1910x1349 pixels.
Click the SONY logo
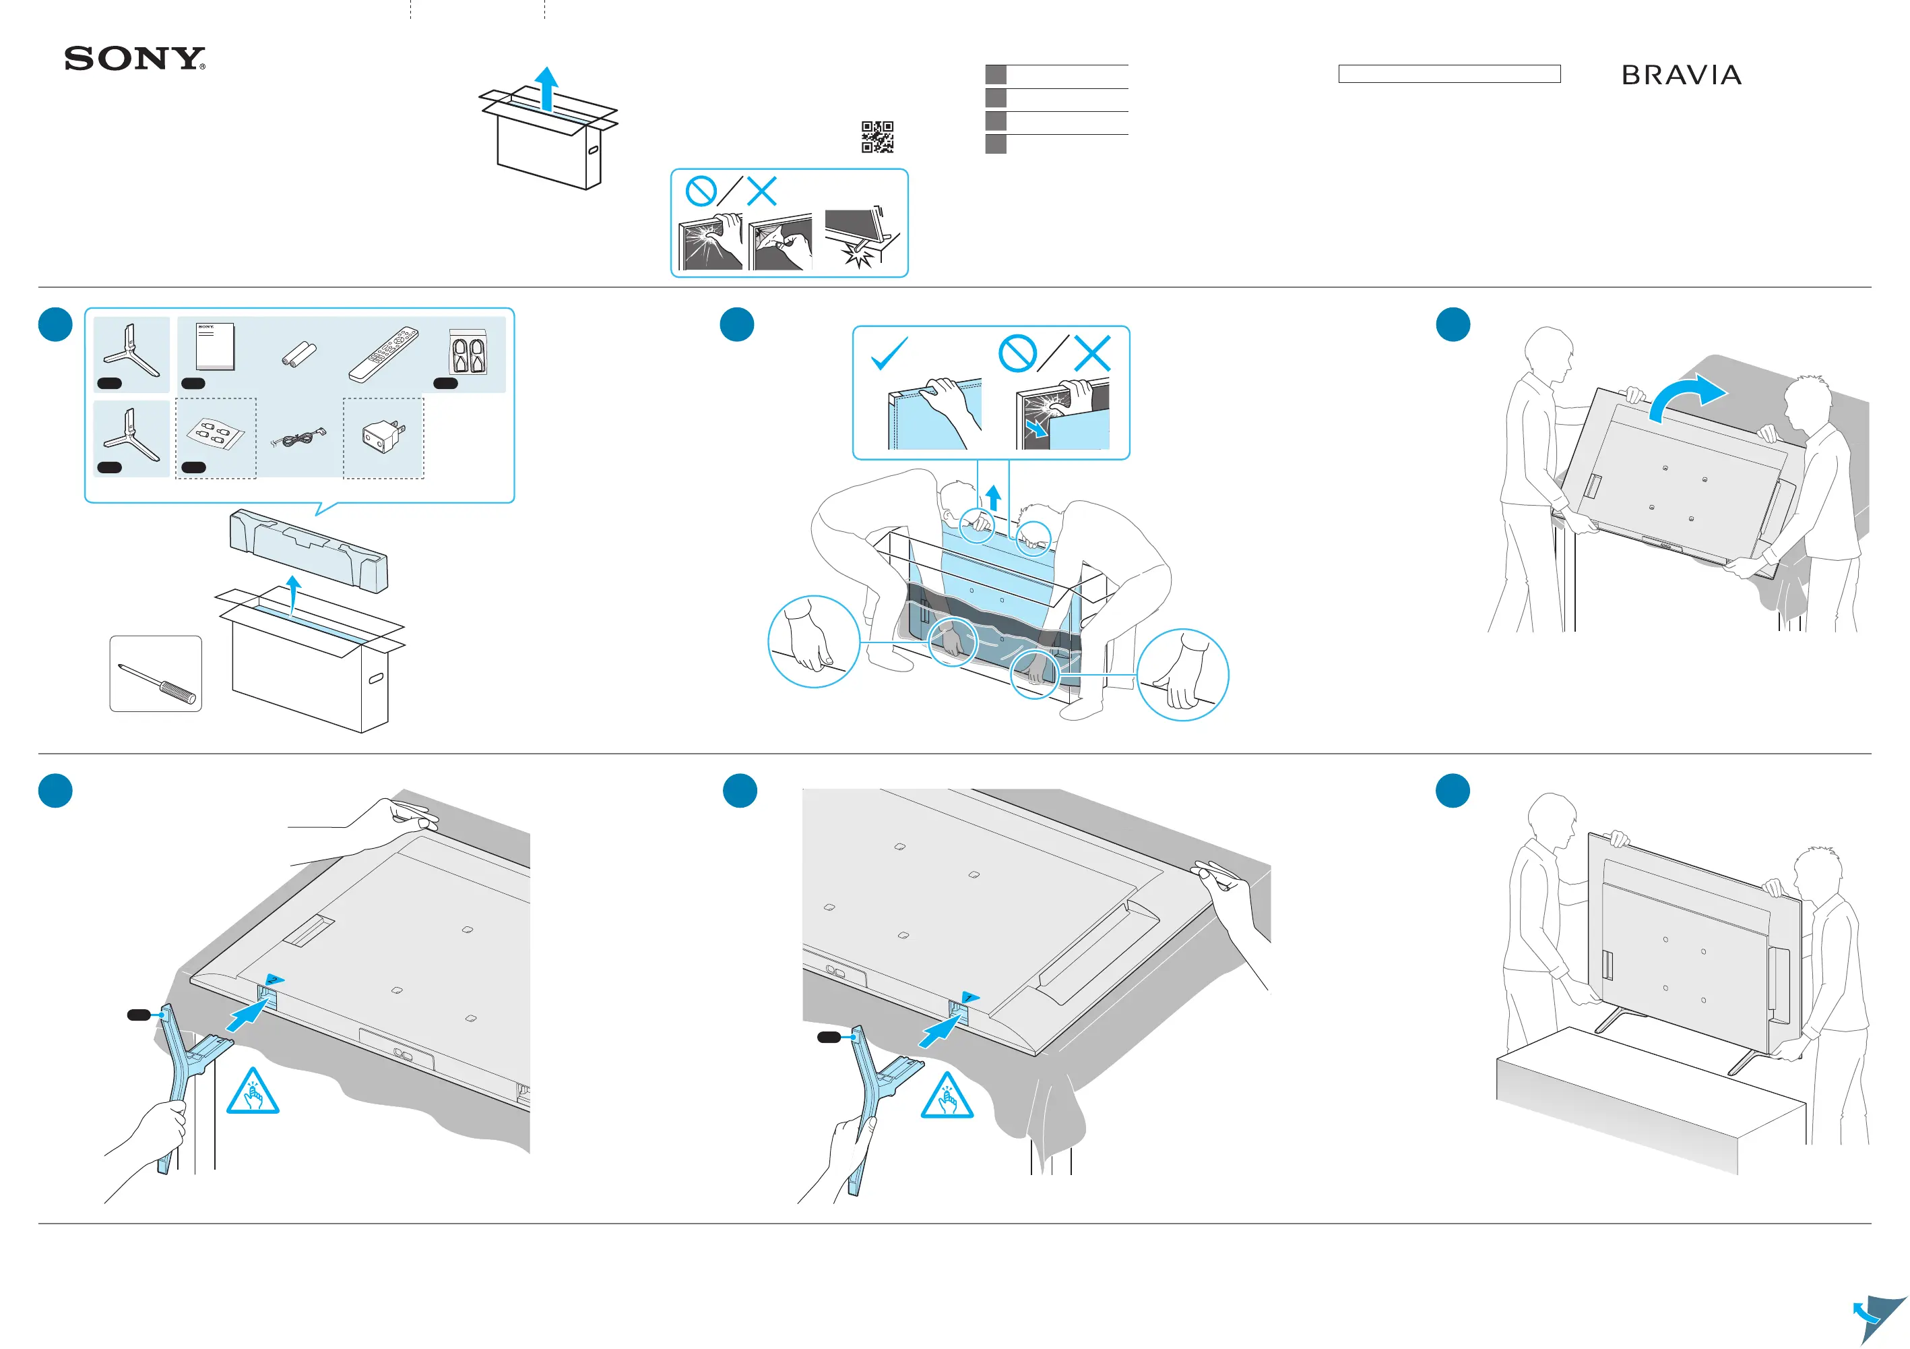click(135, 59)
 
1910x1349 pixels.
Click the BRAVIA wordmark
click(1681, 76)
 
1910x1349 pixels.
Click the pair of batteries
click(298, 355)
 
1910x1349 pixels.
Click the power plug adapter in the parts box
click(383, 437)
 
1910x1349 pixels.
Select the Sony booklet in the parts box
click(215, 347)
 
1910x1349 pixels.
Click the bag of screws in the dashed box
click(216, 434)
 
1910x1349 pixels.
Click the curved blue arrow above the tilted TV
click(1686, 398)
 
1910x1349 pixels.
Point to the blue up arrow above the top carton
click(546, 88)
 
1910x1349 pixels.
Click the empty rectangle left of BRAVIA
click(1449, 74)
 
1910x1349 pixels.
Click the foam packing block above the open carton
click(308, 551)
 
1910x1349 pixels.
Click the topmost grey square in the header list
click(995, 74)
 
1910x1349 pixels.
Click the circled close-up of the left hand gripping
click(813, 642)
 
